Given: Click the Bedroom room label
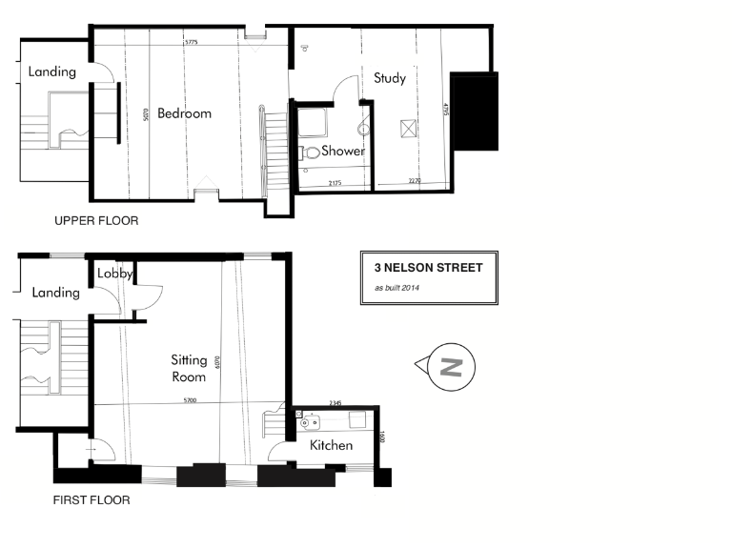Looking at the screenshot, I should [x=184, y=113].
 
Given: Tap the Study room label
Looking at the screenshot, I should [x=391, y=78].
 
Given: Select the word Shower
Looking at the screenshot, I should [x=343, y=151].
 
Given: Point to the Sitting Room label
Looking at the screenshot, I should [x=189, y=368].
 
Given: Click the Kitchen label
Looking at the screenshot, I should [x=331, y=445].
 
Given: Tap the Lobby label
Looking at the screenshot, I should [x=114, y=274].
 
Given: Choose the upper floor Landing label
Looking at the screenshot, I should [x=51, y=71].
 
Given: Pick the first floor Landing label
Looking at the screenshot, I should [x=55, y=293].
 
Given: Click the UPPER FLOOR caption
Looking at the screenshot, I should [x=96, y=221].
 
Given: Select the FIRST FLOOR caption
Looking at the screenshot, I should [x=92, y=499].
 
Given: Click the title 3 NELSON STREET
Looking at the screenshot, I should [x=428, y=268].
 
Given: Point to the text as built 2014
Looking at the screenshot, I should [x=396, y=288].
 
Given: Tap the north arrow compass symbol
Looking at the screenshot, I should [x=449, y=366].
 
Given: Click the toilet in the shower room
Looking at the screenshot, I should [x=310, y=152].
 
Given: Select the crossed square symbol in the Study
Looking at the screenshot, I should [x=409, y=127].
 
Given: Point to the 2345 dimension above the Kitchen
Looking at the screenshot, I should [x=335, y=403].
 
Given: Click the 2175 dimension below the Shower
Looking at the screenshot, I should [x=335, y=182].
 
